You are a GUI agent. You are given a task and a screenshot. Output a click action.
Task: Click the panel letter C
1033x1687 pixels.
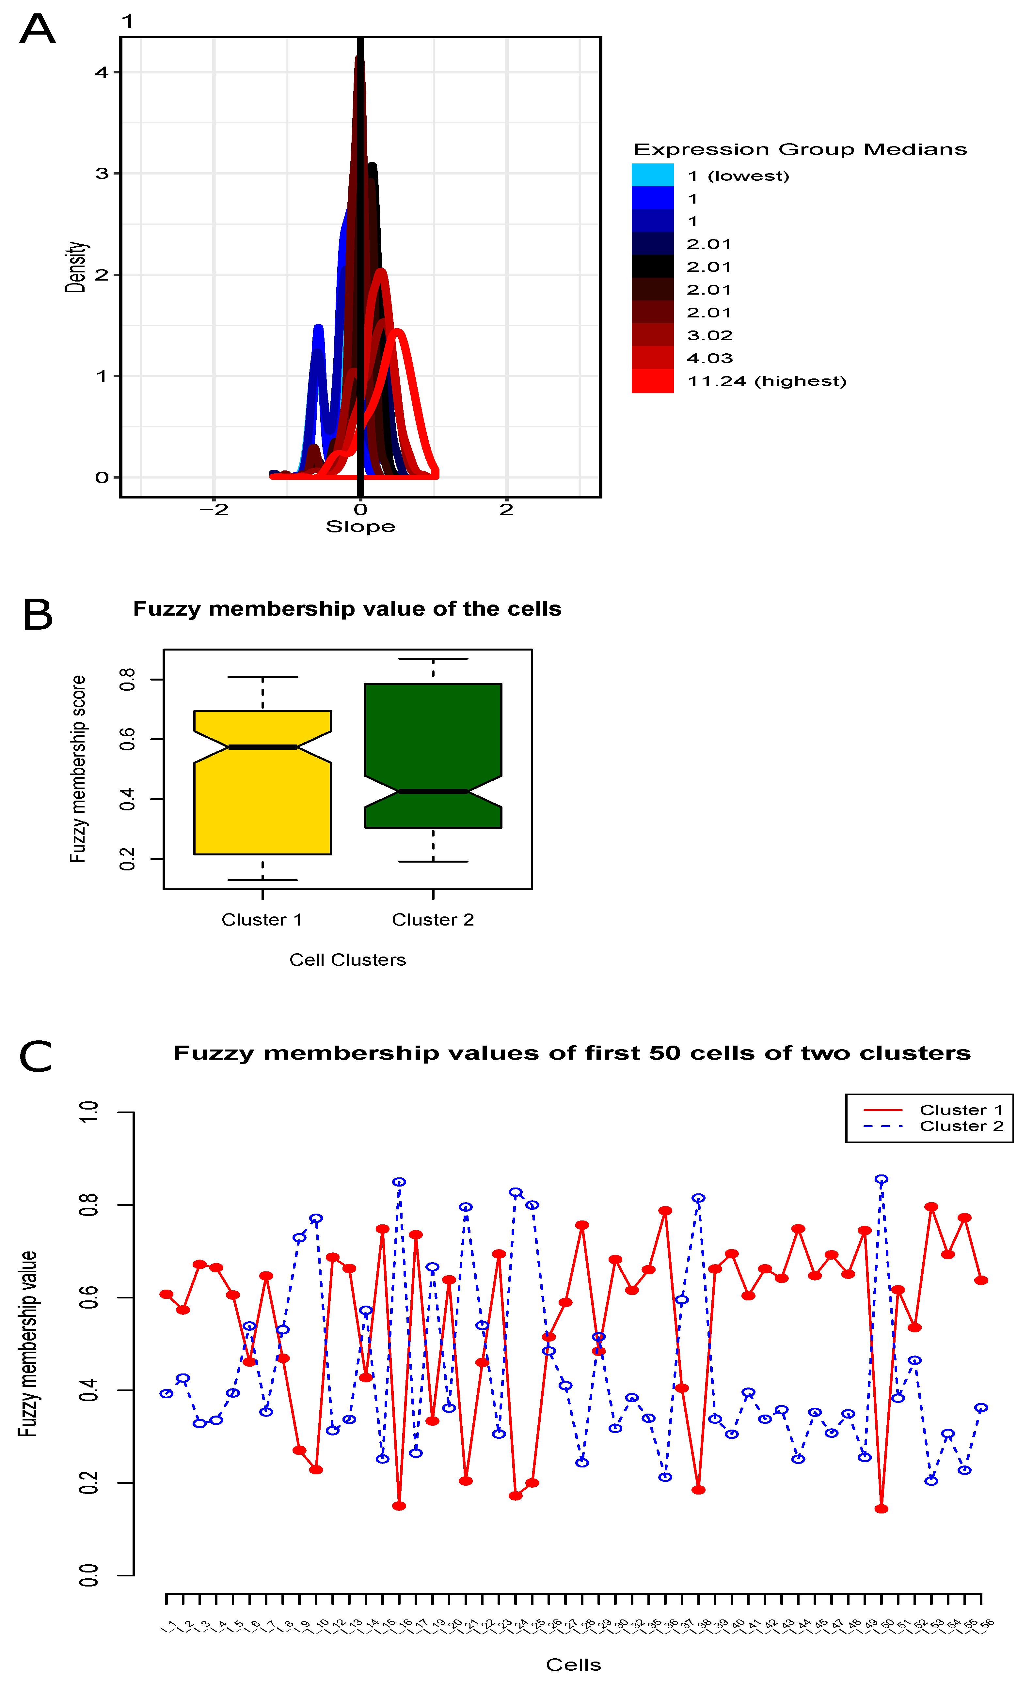click(36, 1056)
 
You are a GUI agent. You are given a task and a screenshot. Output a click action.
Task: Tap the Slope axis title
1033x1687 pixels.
click(360, 527)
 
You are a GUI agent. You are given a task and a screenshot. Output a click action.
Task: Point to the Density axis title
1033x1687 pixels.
click(76, 267)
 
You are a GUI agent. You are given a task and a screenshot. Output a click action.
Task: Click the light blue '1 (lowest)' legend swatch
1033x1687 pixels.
click(652, 175)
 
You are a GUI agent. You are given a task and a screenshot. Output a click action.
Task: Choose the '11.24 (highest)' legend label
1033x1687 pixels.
click(767, 381)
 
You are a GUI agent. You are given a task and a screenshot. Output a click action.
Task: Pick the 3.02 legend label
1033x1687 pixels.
click(710, 335)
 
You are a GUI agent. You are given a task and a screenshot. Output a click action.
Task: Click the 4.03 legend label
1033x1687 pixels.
click(710, 358)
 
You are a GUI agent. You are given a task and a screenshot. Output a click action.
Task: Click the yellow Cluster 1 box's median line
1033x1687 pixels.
click(262, 747)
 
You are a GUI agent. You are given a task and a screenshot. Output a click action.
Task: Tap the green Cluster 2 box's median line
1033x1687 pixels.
click(433, 791)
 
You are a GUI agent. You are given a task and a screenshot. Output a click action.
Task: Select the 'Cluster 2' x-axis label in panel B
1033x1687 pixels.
click(433, 919)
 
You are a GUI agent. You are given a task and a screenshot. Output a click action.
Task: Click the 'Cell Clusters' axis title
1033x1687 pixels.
click(347, 960)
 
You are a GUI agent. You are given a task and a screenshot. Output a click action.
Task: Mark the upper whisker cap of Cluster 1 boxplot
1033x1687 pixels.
click(262, 676)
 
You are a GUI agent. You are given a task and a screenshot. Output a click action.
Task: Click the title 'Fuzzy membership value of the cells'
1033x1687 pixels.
click(347, 609)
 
